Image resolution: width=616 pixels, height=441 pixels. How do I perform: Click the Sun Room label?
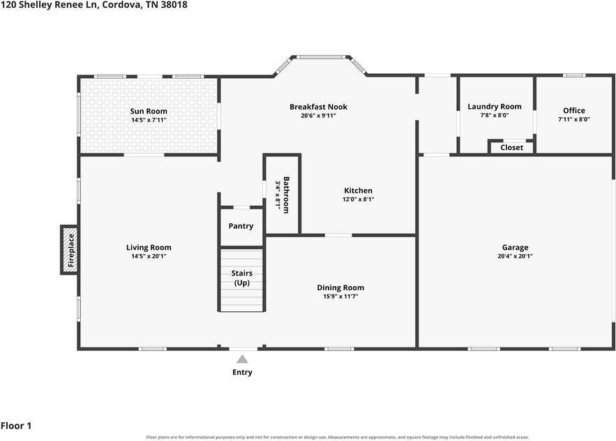(x=149, y=111)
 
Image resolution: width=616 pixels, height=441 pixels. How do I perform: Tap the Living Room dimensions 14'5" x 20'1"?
(x=149, y=256)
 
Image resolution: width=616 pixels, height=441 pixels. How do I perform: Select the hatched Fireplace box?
(x=70, y=250)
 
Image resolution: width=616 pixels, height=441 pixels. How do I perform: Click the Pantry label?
(x=241, y=226)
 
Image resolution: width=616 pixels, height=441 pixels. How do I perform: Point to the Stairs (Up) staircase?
(x=241, y=280)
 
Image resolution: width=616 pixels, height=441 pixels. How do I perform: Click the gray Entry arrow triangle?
(x=242, y=359)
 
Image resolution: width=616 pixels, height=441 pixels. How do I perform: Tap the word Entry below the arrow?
(x=242, y=372)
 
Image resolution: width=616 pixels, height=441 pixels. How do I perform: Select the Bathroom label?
(x=286, y=195)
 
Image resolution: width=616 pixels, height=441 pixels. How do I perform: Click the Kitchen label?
(x=359, y=190)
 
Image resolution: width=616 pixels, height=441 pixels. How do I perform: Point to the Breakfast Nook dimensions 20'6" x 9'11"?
(x=319, y=116)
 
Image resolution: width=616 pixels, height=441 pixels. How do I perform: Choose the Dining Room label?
(x=340, y=287)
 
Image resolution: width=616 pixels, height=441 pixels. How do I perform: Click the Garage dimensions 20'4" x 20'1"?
(x=515, y=256)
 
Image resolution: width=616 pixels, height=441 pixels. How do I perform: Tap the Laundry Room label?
(x=495, y=107)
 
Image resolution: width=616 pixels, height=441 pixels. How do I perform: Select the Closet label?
(x=512, y=147)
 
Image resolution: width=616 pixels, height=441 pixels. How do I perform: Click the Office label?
(x=574, y=110)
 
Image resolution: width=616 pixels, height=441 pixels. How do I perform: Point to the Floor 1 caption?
(x=16, y=426)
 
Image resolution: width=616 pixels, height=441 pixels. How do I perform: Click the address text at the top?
(x=94, y=5)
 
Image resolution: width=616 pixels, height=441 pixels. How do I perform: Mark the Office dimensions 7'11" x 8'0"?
(x=574, y=119)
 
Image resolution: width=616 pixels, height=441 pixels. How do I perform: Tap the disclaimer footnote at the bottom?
(x=338, y=437)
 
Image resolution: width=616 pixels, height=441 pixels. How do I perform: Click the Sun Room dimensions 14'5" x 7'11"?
(x=149, y=120)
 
